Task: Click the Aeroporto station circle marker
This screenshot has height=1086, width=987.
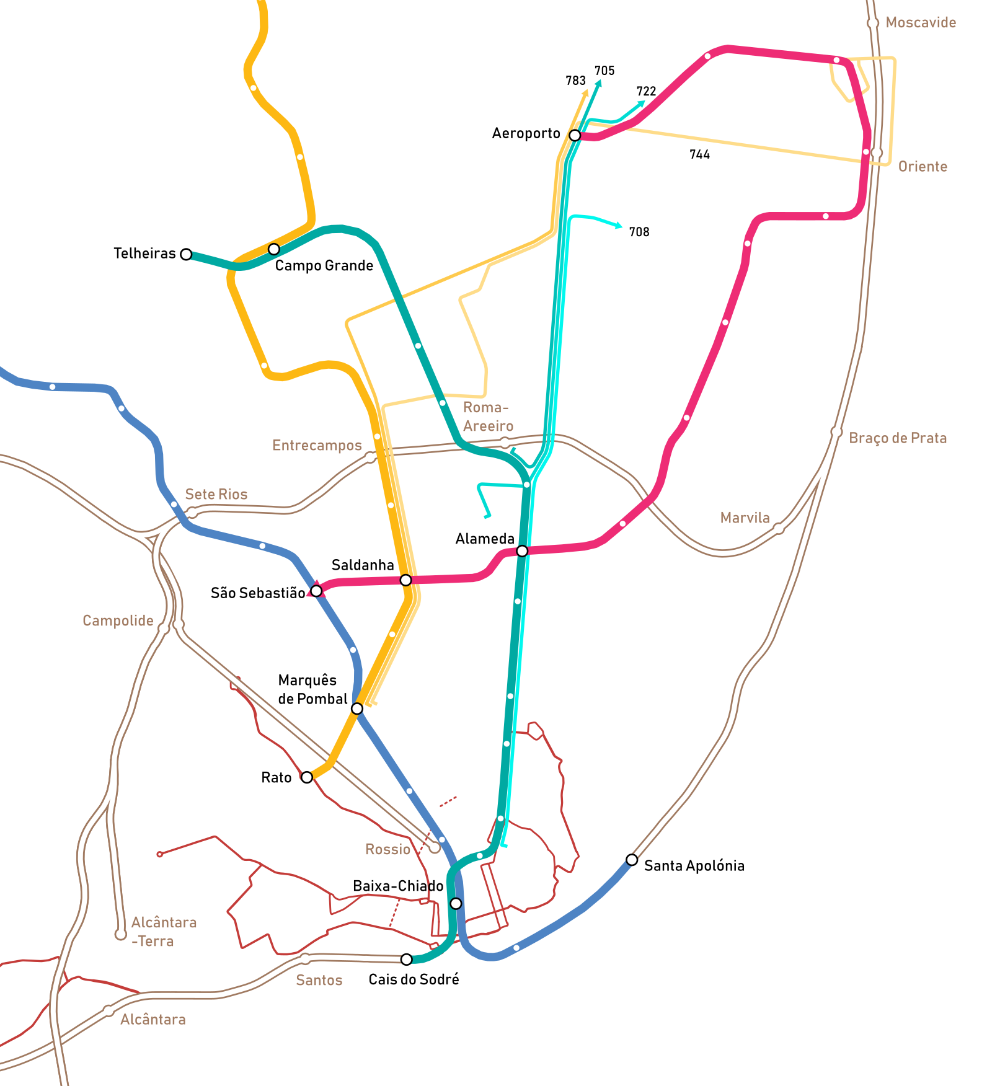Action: [x=575, y=135]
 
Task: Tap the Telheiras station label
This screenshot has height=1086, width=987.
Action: [x=144, y=254]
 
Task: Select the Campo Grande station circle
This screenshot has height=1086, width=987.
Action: [x=273, y=249]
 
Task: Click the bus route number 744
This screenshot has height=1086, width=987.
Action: [x=699, y=154]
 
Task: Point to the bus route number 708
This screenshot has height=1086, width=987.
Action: [x=639, y=232]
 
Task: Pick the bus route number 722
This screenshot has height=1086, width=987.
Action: [x=646, y=91]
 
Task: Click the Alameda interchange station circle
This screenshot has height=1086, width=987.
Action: [x=522, y=551]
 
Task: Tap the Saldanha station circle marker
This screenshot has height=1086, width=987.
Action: [x=405, y=580]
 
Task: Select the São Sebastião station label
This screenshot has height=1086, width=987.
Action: [x=258, y=593]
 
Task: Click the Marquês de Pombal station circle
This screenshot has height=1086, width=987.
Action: [x=357, y=709]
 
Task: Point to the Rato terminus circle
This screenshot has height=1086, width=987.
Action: [x=307, y=777]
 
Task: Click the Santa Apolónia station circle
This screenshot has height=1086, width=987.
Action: [x=632, y=860]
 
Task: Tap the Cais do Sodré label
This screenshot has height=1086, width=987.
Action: [x=414, y=979]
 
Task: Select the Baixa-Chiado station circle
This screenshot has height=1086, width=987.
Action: [x=456, y=904]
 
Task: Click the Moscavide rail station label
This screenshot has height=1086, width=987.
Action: [x=921, y=23]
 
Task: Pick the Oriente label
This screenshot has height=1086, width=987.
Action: [x=923, y=167]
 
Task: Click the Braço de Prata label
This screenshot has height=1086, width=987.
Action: [x=898, y=438]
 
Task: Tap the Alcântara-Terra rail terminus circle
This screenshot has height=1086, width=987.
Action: [x=120, y=934]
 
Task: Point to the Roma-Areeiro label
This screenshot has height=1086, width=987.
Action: [x=488, y=417]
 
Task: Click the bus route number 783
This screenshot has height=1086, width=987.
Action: [x=575, y=81]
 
